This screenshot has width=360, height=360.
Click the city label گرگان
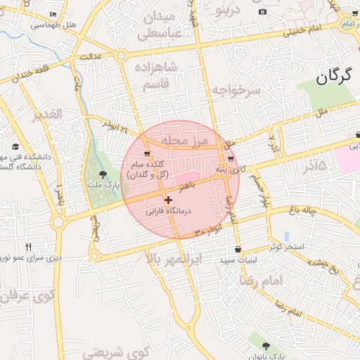coord(333,77)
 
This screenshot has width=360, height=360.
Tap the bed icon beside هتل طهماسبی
coord(54,15)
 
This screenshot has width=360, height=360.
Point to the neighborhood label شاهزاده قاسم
coord(161,75)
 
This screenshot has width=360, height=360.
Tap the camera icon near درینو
coord(262,12)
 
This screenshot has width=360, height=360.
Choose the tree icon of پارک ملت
coord(103,174)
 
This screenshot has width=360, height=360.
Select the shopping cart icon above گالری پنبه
coord(231,160)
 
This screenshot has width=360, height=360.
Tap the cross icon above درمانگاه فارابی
coord(167,200)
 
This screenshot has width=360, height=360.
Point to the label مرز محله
coord(183,142)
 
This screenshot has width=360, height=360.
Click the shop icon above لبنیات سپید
coord(238,249)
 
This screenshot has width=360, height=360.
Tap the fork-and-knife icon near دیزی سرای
coord(29,247)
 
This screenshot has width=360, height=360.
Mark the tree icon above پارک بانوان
coord(266,346)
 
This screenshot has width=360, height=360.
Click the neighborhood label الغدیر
coord(48,114)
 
